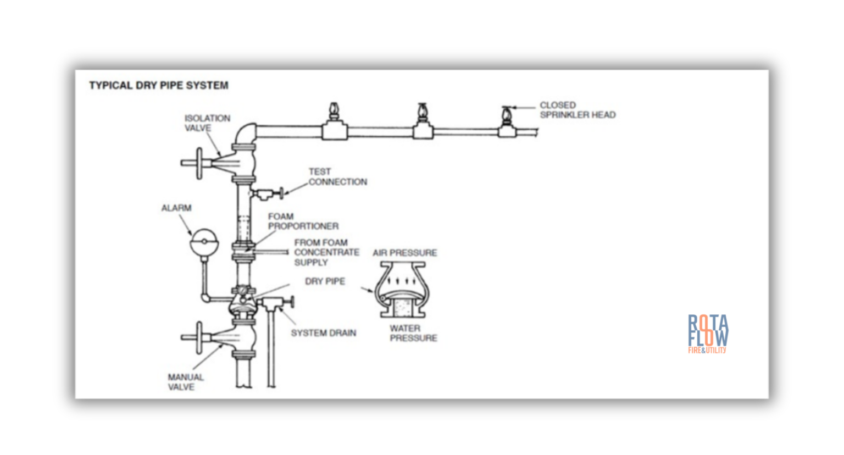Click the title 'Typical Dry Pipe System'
tap(158, 86)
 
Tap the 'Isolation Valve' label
tap(207, 123)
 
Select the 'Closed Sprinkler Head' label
tap(577, 110)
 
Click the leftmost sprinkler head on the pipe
tap(334, 113)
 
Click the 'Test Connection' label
tap(337, 177)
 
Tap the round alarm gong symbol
tap(203, 242)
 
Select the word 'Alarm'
tap(176, 208)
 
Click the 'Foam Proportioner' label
tap(303, 221)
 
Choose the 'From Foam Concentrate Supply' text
tap(326, 252)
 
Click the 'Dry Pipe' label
tap(325, 281)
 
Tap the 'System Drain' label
tap(323, 333)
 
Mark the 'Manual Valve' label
tap(185, 382)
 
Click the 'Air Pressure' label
tap(404, 253)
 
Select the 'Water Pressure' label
tap(413, 333)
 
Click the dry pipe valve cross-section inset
tap(403, 290)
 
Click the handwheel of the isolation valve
tap(199, 163)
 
